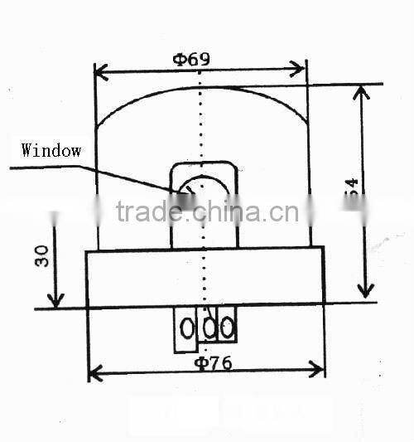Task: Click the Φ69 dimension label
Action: pyautogui.click(x=191, y=59)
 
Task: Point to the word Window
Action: pyautogui.click(x=51, y=150)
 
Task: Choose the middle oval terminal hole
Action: pyautogui.click(x=209, y=328)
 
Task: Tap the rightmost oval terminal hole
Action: pyautogui.click(x=226, y=328)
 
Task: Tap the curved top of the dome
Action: pyautogui.click(x=203, y=88)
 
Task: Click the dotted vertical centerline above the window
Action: pyautogui.click(x=200, y=124)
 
